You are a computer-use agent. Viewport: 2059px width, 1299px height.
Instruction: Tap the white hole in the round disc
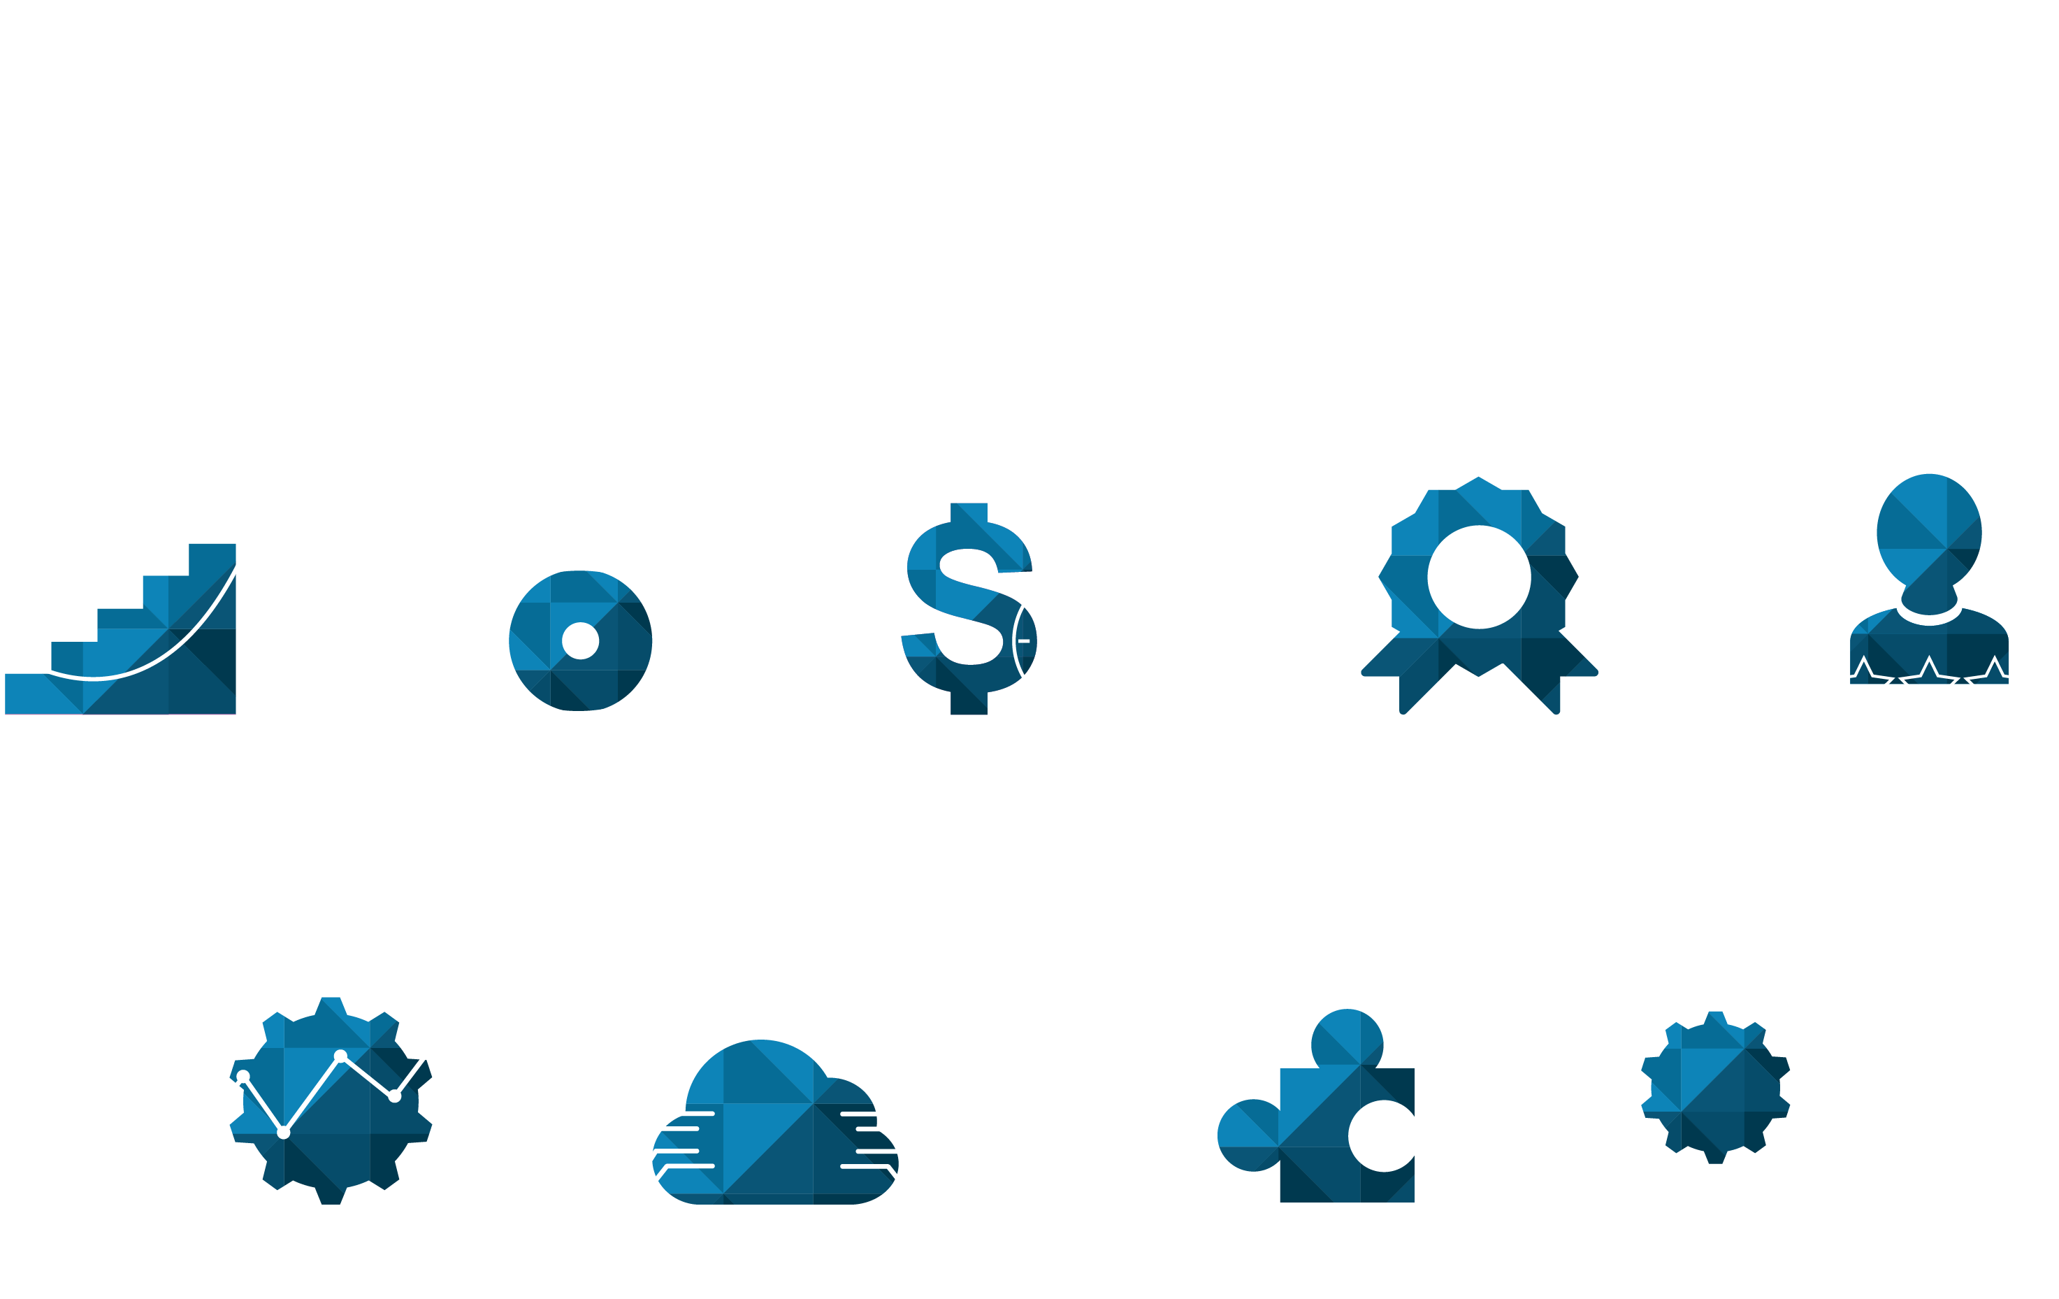tap(581, 640)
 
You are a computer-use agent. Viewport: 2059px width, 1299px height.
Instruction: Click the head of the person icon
tap(1929, 530)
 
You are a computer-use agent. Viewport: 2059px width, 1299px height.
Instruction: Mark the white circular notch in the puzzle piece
tap(1382, 1135)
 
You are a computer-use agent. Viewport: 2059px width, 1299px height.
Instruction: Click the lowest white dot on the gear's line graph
tap(284, 1133)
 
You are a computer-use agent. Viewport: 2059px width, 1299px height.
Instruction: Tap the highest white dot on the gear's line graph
tap(340, 1056)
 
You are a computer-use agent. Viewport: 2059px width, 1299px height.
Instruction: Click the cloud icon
tap(774, 1129)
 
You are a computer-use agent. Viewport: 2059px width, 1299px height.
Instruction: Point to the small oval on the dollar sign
tap(1025, 640)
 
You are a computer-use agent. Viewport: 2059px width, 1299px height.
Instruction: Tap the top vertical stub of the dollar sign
tap(969, 511)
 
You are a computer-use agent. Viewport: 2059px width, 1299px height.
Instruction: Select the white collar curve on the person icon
tap(1929, 617)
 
